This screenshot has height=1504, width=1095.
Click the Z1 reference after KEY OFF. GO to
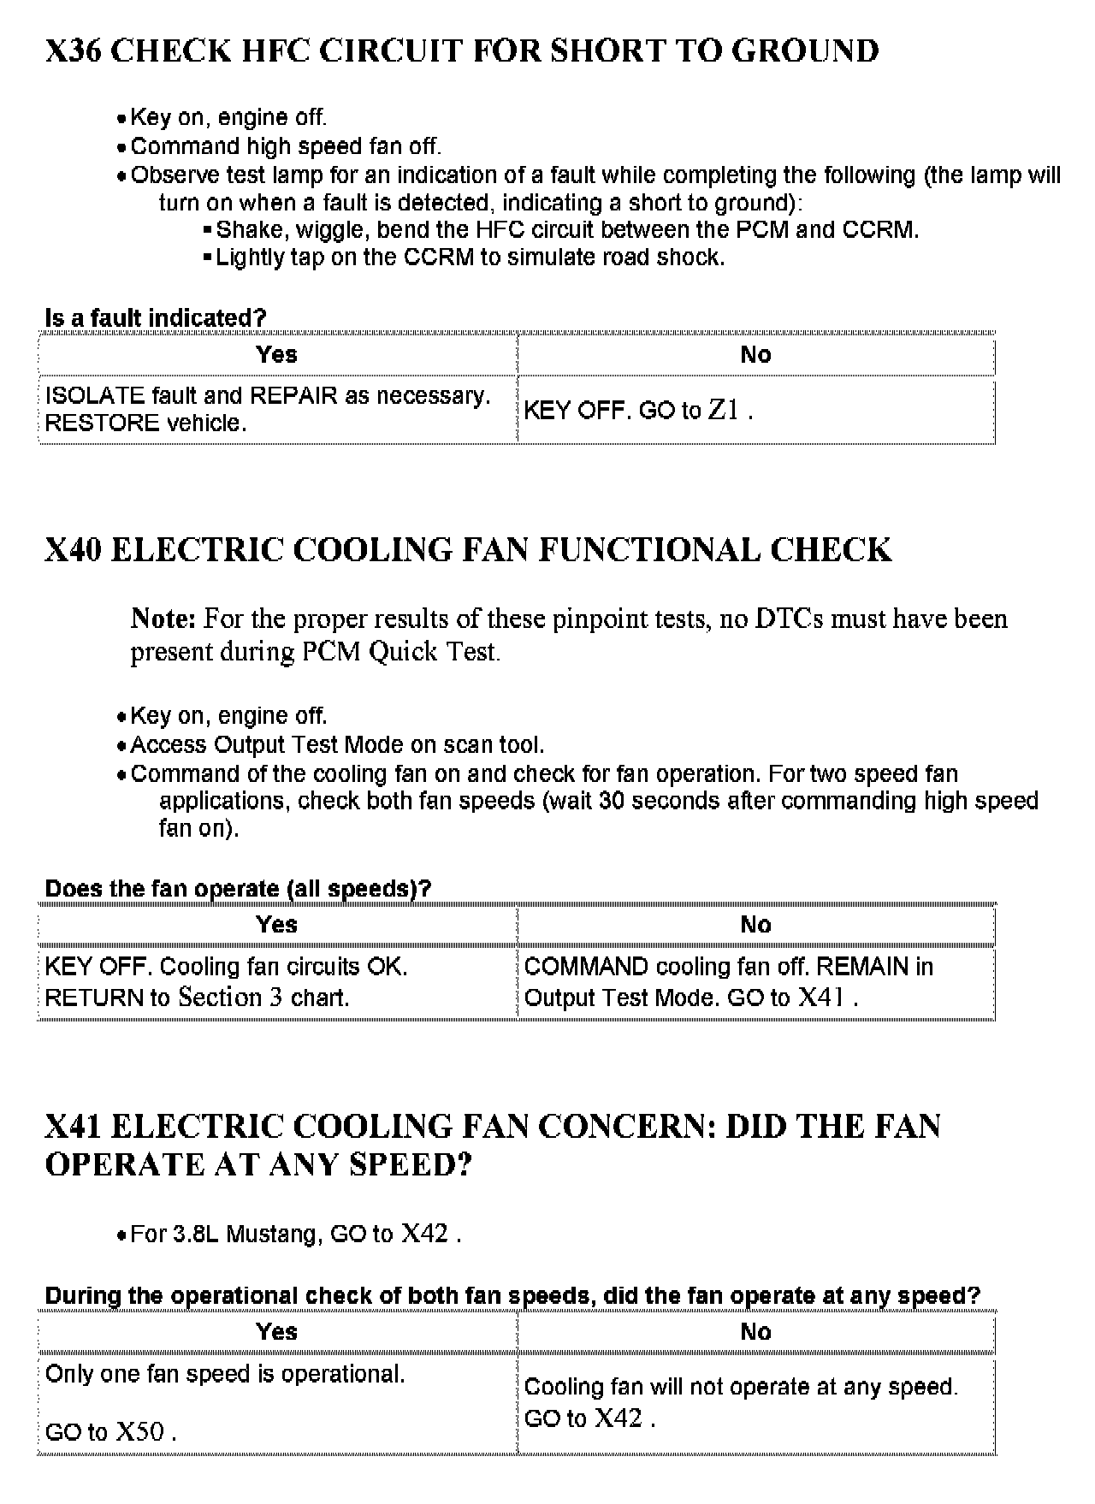click(724, 411)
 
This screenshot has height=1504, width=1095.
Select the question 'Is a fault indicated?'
click(155, 318)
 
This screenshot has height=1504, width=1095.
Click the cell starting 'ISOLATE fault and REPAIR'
click(267, 409)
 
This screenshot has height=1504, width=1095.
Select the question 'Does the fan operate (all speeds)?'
click(238, 889)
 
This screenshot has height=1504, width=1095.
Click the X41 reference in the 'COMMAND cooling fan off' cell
click(821, 998)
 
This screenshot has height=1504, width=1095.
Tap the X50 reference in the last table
click(139, 1432)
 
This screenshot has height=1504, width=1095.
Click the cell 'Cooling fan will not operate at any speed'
click(741, 1387)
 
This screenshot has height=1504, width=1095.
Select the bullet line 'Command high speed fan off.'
click(286, 146)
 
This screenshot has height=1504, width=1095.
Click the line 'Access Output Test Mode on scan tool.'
click(337, 745)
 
